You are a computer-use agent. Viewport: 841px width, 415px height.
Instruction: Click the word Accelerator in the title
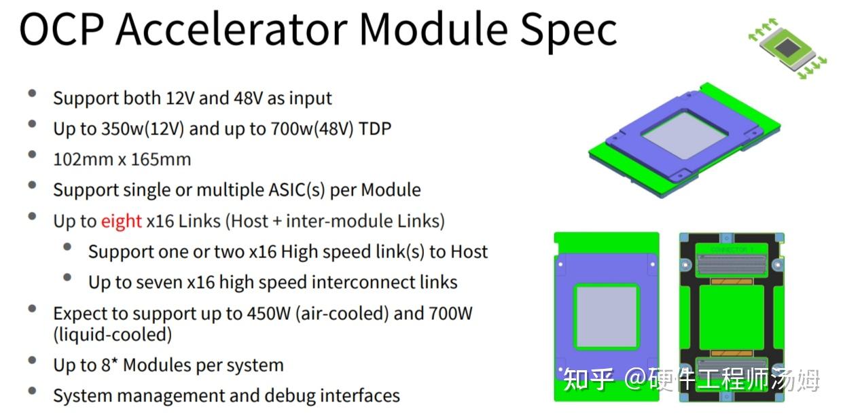[x=232, y=29]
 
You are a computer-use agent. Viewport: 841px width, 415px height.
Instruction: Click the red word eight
[x=122, y=221]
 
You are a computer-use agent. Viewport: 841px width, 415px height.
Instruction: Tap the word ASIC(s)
[x=297, y=190]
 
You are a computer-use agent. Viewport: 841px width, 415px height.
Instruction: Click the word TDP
[x=375, y=128]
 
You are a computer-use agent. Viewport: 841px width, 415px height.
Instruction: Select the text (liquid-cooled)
[x=113, y=334]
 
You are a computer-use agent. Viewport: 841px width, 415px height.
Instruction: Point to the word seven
[x=158, y=283]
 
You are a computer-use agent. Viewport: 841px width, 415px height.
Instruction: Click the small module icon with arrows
[x=787, y=49]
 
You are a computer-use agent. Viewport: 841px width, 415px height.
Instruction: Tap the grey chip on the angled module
[x=685, y=135]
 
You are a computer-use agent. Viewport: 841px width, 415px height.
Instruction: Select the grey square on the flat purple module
[x=607, y=317]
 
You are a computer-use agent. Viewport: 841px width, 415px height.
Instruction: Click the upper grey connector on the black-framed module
[x=732, y=264]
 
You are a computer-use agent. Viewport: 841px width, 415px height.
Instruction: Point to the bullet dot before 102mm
[x=33, y=154]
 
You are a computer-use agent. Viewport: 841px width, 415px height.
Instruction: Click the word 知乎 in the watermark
[x=588, y=380]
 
